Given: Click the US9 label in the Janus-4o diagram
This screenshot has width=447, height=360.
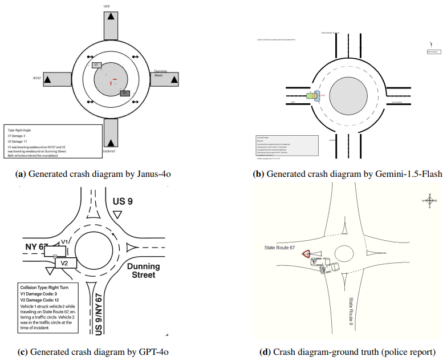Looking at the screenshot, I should coord(107,6).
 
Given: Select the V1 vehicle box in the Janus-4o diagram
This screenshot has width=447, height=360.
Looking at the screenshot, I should coord(97,65).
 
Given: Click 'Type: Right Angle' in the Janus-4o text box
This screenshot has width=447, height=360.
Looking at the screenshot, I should coord(19,130).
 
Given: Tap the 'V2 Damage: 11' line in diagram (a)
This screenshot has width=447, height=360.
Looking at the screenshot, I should coord(20,141).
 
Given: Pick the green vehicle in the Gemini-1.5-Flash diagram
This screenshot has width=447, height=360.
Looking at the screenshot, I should coord(311,96).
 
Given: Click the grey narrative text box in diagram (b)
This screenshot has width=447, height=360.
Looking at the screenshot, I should coord(286,145).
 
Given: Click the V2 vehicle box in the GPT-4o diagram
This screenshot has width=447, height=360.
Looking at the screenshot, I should coord(65,263).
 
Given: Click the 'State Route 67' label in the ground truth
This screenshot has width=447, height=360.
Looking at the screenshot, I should coord(279,248).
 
